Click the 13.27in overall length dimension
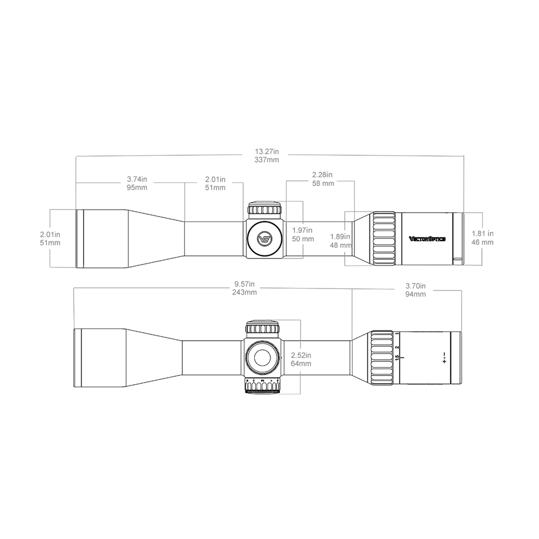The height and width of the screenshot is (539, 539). pos(267,152)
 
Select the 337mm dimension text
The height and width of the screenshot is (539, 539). pos(267,160)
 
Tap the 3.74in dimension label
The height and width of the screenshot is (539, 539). pos(137,179)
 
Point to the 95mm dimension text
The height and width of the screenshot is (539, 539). pos(137,188)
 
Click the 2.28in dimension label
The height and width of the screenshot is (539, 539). pos(322,175)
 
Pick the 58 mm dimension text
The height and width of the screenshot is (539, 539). pos(323,184)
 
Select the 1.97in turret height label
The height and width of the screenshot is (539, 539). pos(302,231)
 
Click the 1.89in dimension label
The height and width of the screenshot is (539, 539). pos(341,236)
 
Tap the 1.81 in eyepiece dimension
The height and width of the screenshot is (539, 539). pos(482,234)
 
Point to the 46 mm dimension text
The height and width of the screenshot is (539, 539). pos(482,242)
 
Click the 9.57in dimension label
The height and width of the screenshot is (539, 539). pos(244,284)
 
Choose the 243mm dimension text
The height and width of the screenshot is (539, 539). pos(244,293)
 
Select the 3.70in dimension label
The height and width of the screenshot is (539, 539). pos(416,286)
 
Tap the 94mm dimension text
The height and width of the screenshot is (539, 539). pos(416,294)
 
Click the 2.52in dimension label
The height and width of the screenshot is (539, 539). pos(301,355)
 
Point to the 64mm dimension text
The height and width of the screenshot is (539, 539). pos(301,364)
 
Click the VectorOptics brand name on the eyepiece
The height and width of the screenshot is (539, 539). pos(427,239)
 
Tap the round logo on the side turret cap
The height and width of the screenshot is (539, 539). pos(265,239)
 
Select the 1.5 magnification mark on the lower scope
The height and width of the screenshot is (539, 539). pos(397,358)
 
